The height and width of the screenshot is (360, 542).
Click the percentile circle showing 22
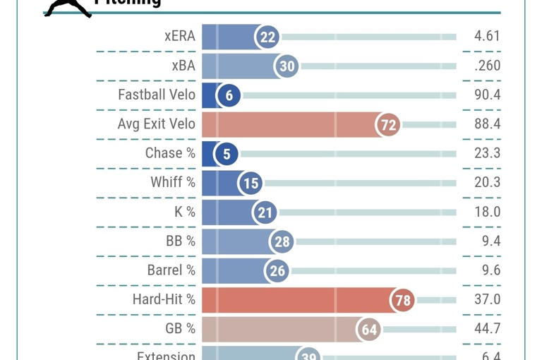[x=267, y=37]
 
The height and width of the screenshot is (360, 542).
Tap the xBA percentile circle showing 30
[x=287, y=66]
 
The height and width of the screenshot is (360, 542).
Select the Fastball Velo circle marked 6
[x=229, y=95]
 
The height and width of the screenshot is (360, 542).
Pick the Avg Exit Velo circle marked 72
[x=388, y=125]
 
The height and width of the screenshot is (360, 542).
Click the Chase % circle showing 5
[x=226, y=154]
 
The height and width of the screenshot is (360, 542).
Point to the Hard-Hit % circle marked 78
[x=402, y=300]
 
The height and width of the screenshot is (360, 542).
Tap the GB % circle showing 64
[x=370, y=330]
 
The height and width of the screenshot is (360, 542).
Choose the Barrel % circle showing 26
[x=277, y=271]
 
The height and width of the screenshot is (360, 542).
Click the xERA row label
[x=179, y=36]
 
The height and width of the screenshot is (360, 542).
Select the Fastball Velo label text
[x=157, y=95]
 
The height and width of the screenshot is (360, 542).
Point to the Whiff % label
[x=173, y=182]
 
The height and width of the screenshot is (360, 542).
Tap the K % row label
[x=185, y=212]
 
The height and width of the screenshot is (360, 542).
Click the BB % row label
[x=181, y=241]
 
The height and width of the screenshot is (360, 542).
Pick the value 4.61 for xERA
[x=482, y=36]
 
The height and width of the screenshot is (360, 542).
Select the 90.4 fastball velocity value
[x=487, y=95]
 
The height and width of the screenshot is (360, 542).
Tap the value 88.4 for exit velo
[x=487, y=124]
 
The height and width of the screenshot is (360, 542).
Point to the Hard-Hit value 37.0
[x=487, y=299]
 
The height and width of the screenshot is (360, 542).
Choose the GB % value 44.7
[x=487, y=328]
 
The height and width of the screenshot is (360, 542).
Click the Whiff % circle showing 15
[x=251, y=184]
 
